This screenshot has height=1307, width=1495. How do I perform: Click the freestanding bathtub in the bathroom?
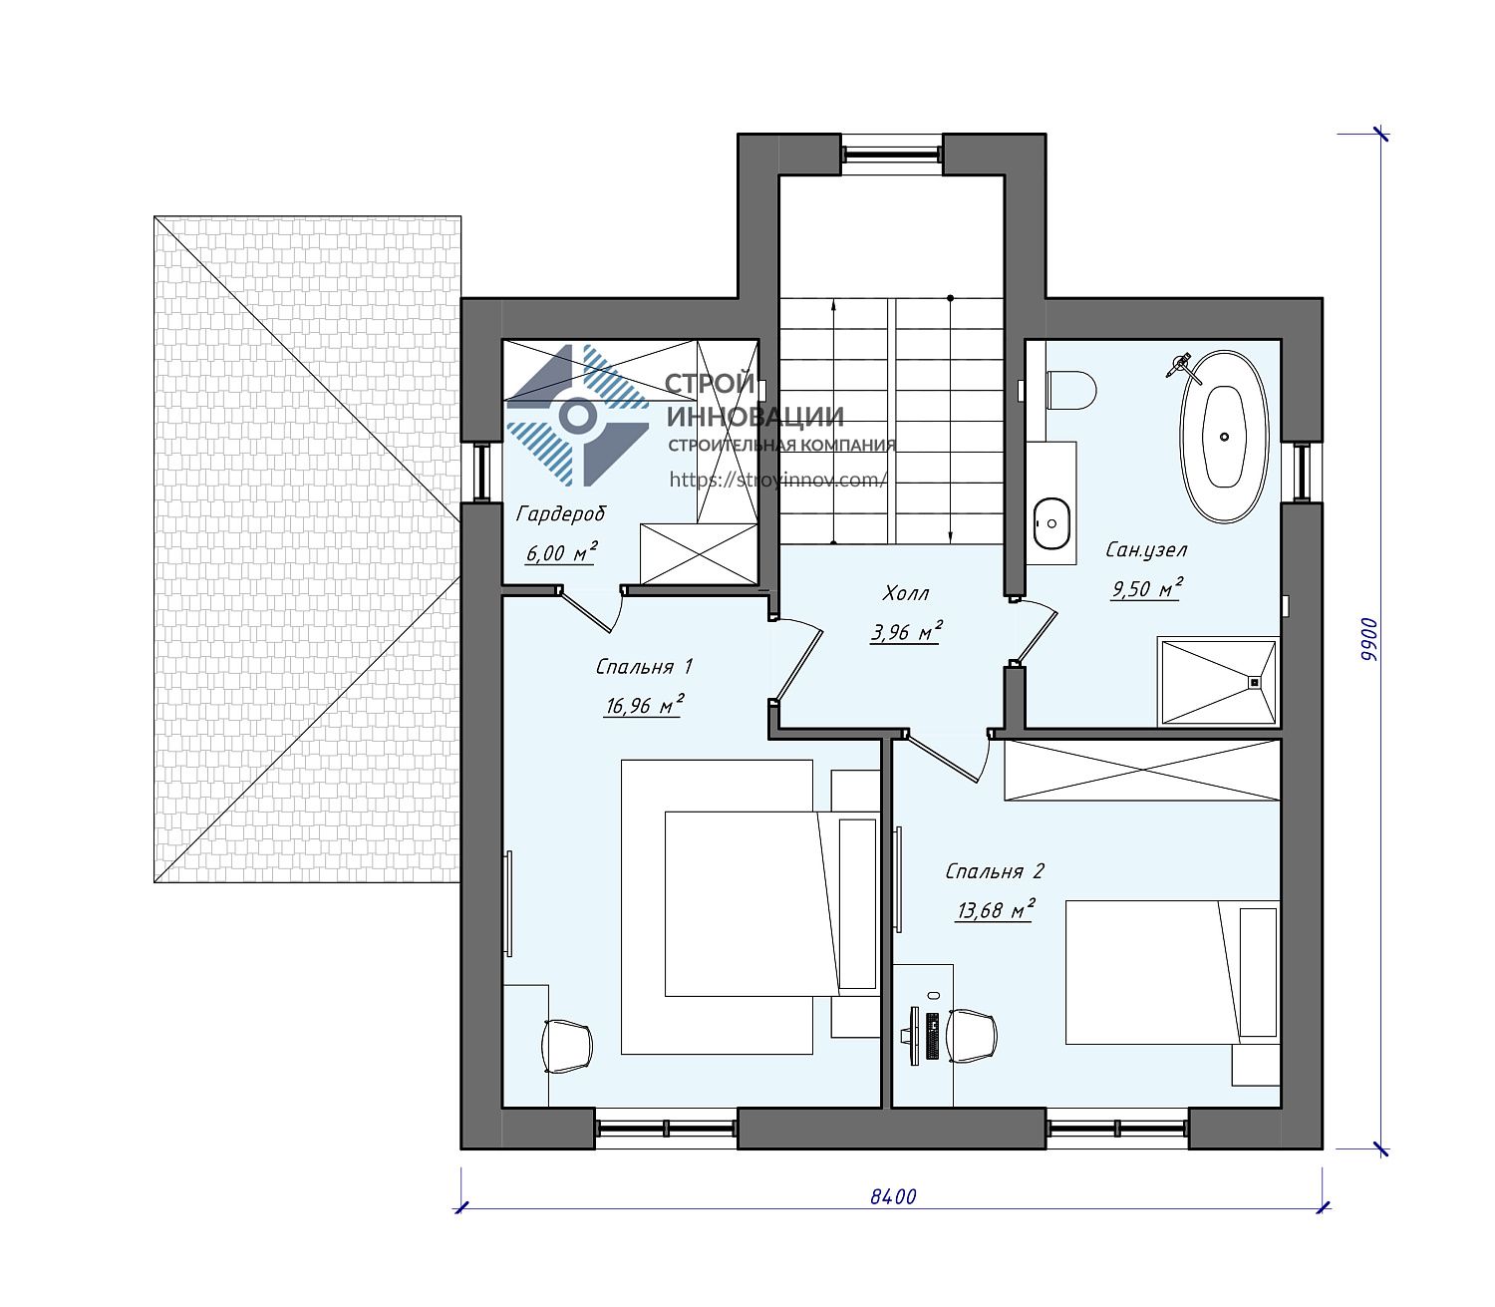1224,437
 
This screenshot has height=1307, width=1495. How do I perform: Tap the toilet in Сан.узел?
1069,389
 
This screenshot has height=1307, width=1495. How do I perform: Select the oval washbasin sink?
1051,522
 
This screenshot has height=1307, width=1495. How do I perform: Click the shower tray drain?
1254,682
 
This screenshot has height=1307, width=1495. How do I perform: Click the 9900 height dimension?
1367,639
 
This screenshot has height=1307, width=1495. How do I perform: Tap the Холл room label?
905,593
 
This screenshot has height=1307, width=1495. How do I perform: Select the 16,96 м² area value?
644,706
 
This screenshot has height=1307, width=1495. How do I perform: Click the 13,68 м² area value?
995,910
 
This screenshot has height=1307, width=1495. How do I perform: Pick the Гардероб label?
560,514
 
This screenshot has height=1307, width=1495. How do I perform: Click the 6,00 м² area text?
560,552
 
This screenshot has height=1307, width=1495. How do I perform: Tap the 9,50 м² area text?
1145,588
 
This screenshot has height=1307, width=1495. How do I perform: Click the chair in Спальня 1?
566,1046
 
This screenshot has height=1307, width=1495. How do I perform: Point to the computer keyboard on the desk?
932,1036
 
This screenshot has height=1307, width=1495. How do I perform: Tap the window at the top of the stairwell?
891,155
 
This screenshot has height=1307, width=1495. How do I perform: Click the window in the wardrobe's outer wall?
481,471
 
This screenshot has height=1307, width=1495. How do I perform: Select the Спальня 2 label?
995,871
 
